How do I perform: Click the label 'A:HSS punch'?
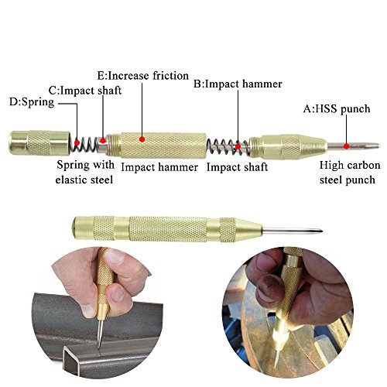tap(337, 108)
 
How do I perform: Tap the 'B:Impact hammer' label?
tap(238, 84)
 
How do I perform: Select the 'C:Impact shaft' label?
tap(85, 91)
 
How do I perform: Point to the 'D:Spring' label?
tap(32, 102)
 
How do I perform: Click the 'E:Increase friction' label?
tap(143, 76)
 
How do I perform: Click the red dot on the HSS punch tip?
tap(346, 146)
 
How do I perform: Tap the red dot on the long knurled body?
tap(142, 139)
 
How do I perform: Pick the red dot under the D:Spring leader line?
tap(77, 142)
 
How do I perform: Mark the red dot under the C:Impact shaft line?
tap(103, 141)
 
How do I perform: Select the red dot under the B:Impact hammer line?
tap(238, 146)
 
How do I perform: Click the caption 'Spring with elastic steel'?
tap(85, 172)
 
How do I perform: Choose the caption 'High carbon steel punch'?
tap(350, 173)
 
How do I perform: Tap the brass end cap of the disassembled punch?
tap(39, 143)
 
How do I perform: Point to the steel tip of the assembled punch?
tap(292, 229)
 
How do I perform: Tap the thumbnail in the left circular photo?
tap(114, 257)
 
